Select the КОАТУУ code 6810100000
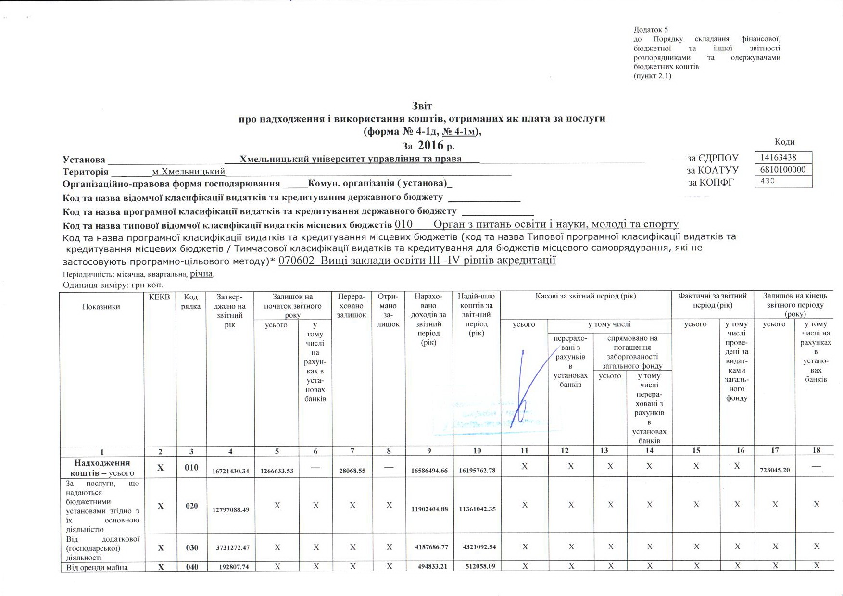point(782,170)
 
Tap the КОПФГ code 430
point(768,181)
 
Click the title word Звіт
point(422,106)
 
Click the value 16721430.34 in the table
point(230,471)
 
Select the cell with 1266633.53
point(277,471)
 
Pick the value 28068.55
point(352,471)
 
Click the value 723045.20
point(774,470)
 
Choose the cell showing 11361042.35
point(477,509)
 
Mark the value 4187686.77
point(428,547)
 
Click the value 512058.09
point(477,566)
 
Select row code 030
point(191,547)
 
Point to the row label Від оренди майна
point(97,567)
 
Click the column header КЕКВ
point(159,297)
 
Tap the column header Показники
point(101,307)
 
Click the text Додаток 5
point(651,30)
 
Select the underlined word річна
point(201,274)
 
